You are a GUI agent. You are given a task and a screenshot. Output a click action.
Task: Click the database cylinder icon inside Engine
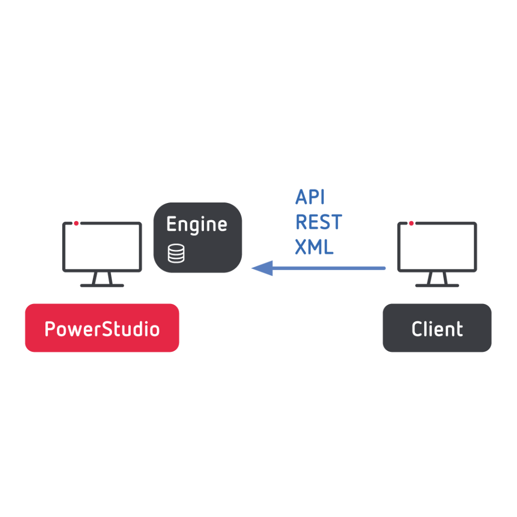point(176,253)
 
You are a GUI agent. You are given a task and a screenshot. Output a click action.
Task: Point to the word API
point(309,197)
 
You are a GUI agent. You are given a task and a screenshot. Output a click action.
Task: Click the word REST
point(318,223)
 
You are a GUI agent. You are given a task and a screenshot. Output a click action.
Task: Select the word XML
point(314,247)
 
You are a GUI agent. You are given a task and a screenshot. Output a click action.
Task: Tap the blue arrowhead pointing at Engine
point(262,268)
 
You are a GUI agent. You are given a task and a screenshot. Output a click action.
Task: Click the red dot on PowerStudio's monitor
point(76,223)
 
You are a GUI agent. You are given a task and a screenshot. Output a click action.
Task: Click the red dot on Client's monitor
point(411,223)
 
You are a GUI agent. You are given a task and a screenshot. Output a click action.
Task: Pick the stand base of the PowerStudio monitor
point(102,285)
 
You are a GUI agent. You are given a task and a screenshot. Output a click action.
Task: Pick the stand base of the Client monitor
point(437,285)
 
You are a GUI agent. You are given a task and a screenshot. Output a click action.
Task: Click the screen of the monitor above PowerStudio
point(102,247)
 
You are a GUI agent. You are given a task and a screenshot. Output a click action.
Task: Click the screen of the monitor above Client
point(437,247)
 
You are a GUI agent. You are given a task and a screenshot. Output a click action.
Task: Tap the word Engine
point(196,225)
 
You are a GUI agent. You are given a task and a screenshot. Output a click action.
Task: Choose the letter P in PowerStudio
point(50,329)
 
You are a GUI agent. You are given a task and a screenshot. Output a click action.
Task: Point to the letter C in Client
point(418,329)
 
